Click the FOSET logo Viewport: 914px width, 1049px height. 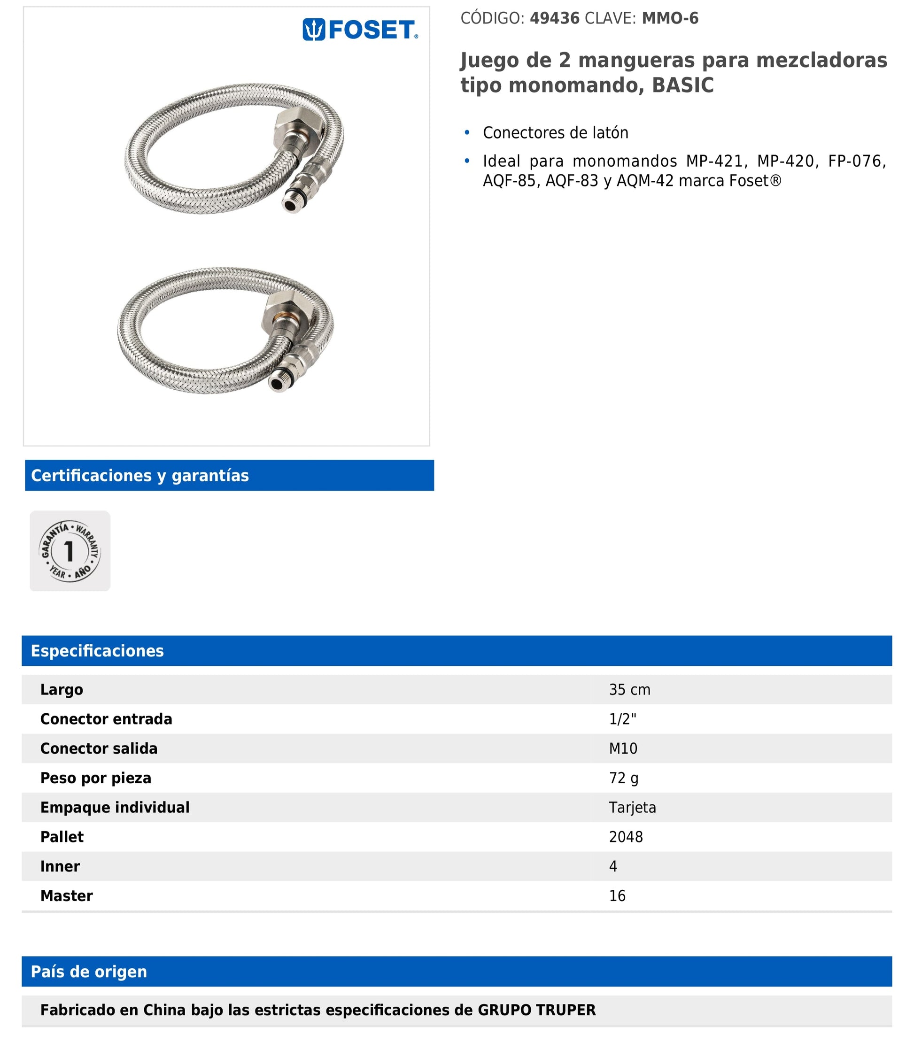pyautogui.click(x=360, y=30)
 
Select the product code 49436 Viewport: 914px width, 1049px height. pyautogui.click(x=554, y=18)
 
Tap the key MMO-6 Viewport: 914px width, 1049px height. pyautogui.click(x=670, y=18)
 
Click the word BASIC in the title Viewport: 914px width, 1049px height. pyautogui.click(x=682, y=85)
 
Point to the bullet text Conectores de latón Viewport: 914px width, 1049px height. pyautogui.click(x=555, y=132)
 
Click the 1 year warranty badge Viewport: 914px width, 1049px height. pyautogui.click(x=70, y=551)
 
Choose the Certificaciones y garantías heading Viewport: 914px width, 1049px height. pyautogui.click(x=140, y=475)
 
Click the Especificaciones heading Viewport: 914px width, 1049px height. pyautogui.click(x=97, y=651)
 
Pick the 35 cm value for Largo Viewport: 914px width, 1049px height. pyautogui.click(x=629, y=689)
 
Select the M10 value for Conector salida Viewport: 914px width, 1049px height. pyautogui.click(x=623, y=748)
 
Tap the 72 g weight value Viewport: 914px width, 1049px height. pyautogui.click(x=623, y=778)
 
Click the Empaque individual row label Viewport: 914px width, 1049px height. pyautogui.click(x=115, y=807)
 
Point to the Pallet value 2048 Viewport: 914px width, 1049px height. pyautogui.click(x=625, y=837)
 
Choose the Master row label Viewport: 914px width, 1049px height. pyautogui.click(x=66, y=895)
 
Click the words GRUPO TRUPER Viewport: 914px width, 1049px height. pyautogui.click(x=536, y=1010)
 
